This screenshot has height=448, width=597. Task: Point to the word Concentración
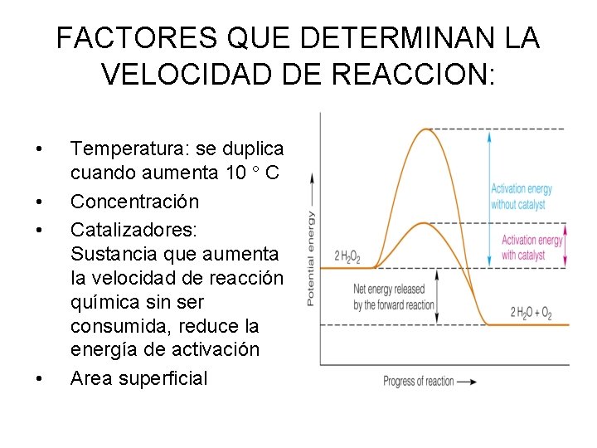pyautogui.click(x=135, y=202)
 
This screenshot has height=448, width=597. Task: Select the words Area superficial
pyautogui.click(x=139, y=378)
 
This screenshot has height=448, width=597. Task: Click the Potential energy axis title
pyautogui.click(x=311, y=258)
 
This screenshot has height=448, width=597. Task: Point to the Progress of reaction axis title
pyautogui.click(x=419, y=381)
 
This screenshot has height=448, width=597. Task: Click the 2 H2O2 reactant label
pyautogui.click(x=347, y=256)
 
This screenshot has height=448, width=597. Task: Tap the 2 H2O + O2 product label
pyautogui.click(x=531, y=314)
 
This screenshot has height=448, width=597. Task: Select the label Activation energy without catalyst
pyautogui.click(x=521, y=196)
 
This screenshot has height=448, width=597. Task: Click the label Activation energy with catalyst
pyautogui.click(x=531, y=247)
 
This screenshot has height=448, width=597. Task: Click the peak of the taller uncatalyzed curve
pyautogui.click(x=427, y=129)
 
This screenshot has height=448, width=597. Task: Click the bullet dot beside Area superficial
pyautogui.click(x=38, y=380)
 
